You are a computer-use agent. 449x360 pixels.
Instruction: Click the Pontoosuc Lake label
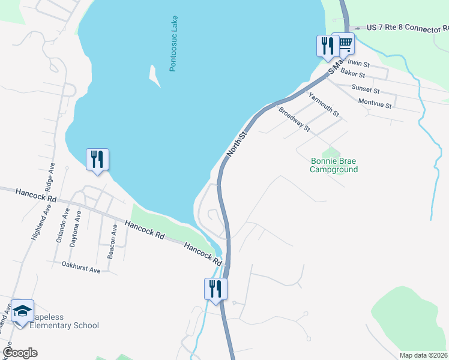coord(173,47)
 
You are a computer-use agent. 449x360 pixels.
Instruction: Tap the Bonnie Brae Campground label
coord(334,165)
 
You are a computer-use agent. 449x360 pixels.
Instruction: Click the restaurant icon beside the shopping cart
coord(327,46)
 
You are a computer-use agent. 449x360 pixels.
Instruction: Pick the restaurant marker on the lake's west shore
coord(97,160)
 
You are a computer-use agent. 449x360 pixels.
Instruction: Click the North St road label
coord(237,145)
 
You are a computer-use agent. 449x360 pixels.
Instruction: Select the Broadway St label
coord(294,119)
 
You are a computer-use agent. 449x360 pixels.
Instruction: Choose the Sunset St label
coord(366,90)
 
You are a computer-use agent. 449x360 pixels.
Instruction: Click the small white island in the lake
coord(154,76)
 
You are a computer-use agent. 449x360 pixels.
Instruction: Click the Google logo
coord(20,353)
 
